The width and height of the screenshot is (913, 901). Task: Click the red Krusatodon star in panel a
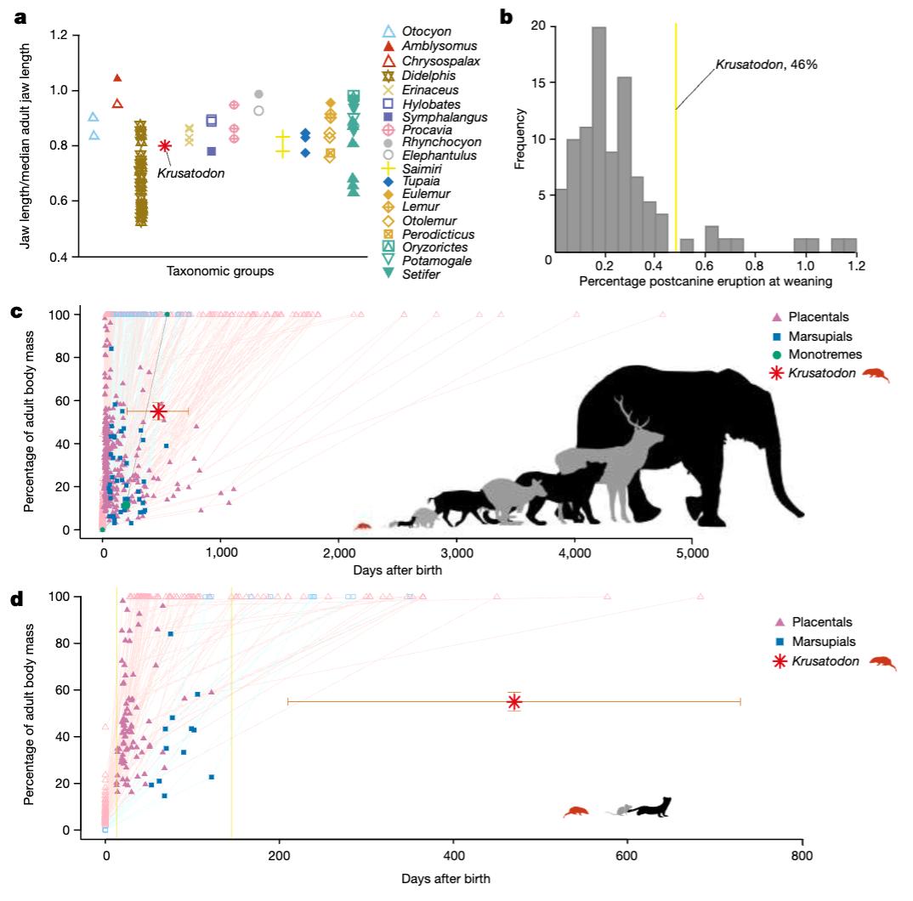click(x=166, y=145)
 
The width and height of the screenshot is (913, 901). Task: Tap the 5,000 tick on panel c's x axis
click(x=692, y=552)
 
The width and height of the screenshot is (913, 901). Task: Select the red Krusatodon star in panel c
click(x=158, y=411)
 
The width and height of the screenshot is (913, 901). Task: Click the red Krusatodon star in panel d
click(x=513, y=701)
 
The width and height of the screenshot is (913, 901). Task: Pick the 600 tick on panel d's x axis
click(x=627, y=854)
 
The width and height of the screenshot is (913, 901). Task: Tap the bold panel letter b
click(x=508, y=15)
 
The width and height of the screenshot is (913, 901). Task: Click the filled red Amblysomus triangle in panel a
click(x=117, y=78)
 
